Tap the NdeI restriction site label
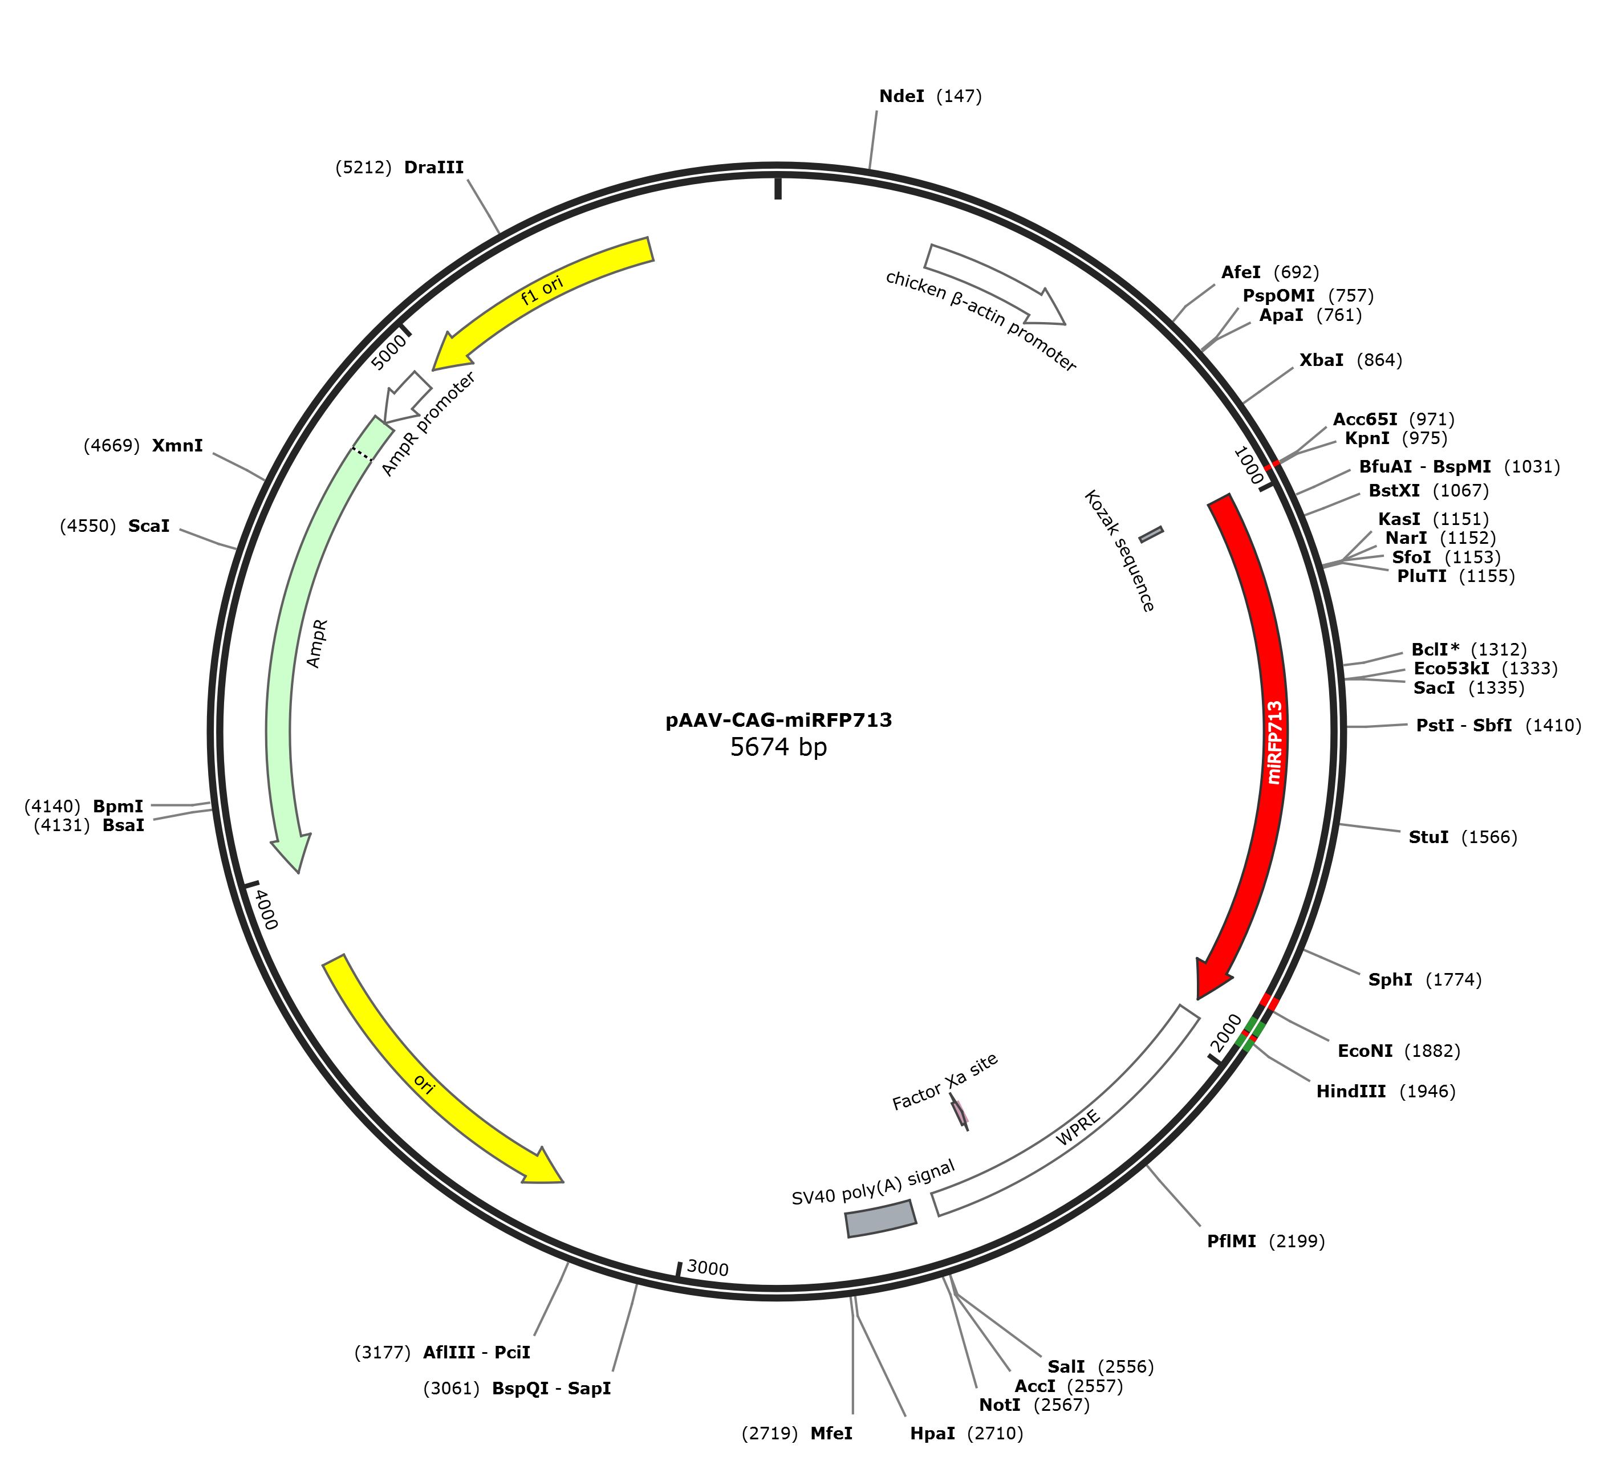(902, 96)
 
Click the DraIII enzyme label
(434, 168)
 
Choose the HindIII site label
(1351, 1091)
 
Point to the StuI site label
(1428, 837)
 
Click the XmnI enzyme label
(177, 445)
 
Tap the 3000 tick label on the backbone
(708, 1268)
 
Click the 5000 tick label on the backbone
(390, 352)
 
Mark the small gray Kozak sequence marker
(1151, 534)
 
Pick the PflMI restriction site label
(1232, 1241)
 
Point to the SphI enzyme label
(1390, 979)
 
